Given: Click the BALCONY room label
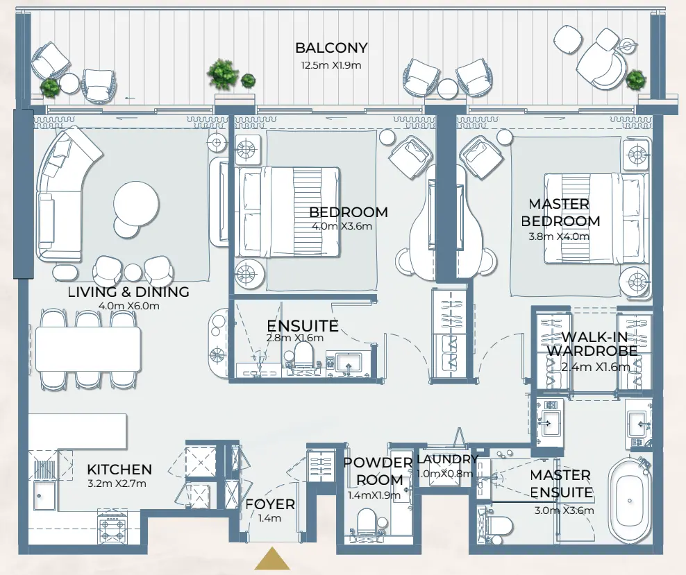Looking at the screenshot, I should pyautogui.click(x=331, y=49).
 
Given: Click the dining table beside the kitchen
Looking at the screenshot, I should pyautogui.click(x=88, y=349).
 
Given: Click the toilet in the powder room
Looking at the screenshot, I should pyautogui.click(x=366, y=524).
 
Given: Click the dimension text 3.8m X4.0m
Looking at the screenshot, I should pyautogui.click(x=559, y=236).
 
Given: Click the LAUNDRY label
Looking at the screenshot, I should pyautogui.click(x=446, y=460).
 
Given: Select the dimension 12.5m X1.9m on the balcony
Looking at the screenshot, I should pyautogui.click(x=331, y=65).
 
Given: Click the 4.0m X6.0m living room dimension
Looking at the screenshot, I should pyautogui.click(x=128, y=306).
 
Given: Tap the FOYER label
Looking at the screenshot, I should pyautogui.click(x=270, y=505).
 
